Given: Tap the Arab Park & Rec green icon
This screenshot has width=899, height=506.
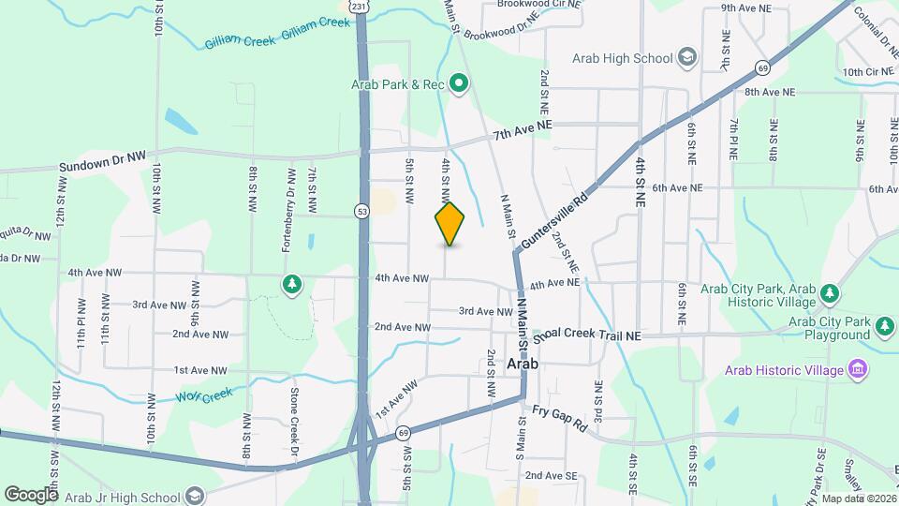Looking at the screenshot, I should [459, 84].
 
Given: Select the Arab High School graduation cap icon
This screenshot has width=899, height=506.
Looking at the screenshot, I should [687, 58].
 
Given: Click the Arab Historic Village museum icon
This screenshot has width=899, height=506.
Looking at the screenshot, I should [857, 370].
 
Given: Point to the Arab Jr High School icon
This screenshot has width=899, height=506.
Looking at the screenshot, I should [195, 495].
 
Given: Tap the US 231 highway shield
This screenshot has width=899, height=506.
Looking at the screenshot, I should [360, 6].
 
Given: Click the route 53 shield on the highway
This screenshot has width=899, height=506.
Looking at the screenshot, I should [361, 212].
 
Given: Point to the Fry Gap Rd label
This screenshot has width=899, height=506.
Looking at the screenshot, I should [559, 418].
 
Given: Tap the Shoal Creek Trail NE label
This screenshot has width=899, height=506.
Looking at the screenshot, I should [589, 335].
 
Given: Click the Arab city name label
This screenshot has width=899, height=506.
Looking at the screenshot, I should [522, 363].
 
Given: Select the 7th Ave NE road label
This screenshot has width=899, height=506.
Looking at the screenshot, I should [524, 131].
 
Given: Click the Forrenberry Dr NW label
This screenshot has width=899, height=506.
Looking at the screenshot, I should [289, 211].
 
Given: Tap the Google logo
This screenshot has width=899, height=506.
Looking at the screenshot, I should [30, 494].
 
